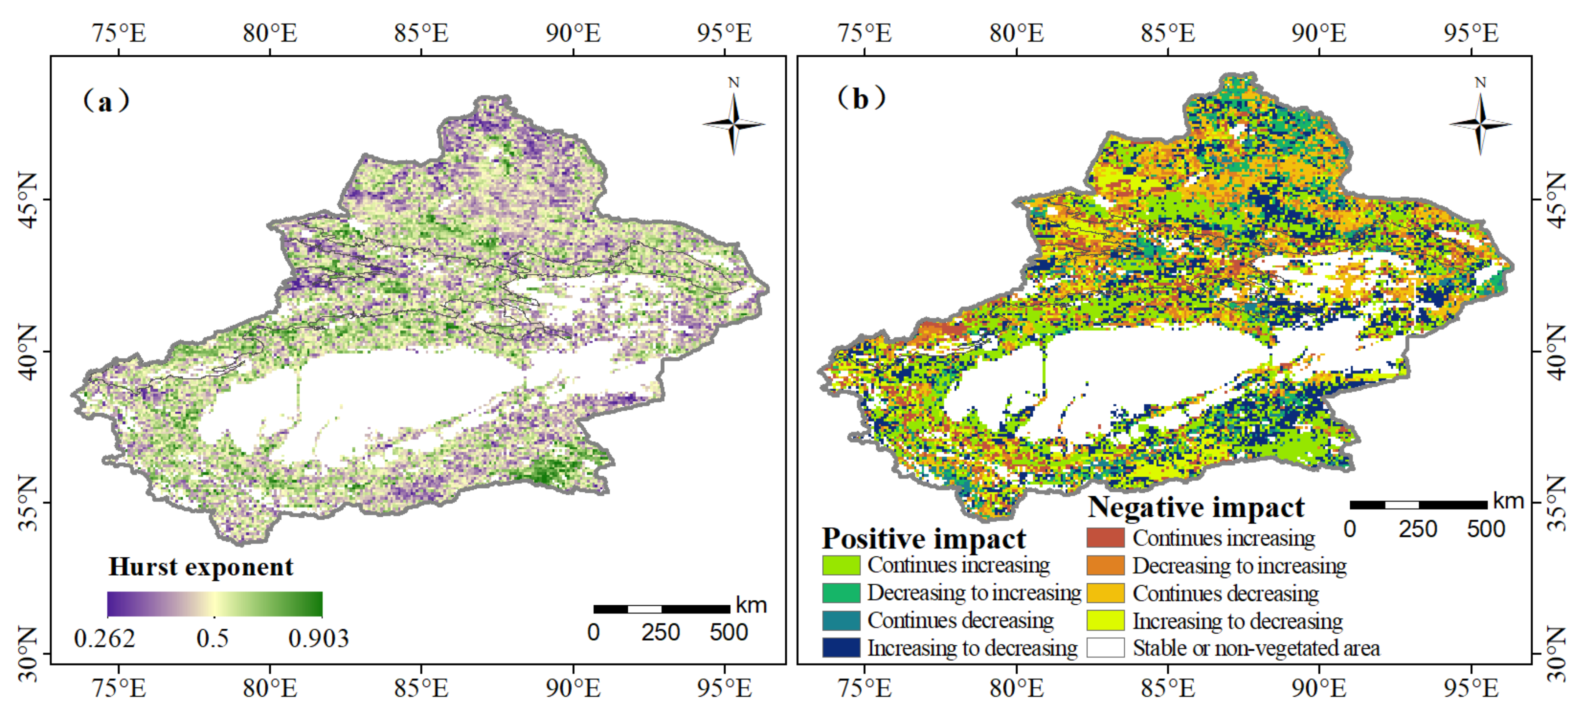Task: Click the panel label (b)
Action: click(861, 98)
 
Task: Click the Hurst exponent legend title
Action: click(201, 567)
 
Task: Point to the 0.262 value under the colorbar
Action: click(104, 639)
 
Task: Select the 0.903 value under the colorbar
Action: click(318, 639)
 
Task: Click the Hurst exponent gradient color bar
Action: click(215, 604)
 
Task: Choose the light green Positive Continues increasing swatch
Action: click(841, 565)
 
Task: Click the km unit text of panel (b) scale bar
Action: click(1508, 501)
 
